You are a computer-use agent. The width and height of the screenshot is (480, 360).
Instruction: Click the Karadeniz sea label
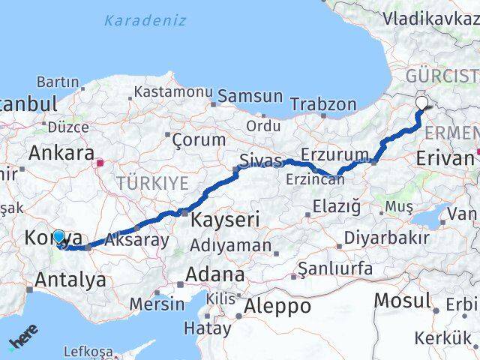click(x=145, y=20)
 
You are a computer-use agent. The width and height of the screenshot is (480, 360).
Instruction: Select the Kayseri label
click(x=226, y=220)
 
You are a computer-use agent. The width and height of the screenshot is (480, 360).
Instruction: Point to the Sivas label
click(x=260, y=160)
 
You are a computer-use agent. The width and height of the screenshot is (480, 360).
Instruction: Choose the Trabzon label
click(x=323, y=104)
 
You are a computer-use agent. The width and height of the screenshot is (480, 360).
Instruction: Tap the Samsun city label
click(x=250, y=97)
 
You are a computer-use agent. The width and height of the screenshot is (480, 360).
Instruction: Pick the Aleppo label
click(x=278, y=306)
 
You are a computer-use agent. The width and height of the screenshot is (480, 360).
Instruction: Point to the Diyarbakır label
click(x=386, y=238)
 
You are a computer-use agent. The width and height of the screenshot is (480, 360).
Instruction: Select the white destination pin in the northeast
click(x=422, y=103)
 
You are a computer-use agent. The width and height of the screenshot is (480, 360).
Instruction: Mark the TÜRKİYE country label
click(x=152, y=182)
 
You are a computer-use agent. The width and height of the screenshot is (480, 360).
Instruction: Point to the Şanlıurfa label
click(x=334, y=268)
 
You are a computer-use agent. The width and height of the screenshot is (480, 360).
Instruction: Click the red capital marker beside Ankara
click(x=100, y=160)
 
